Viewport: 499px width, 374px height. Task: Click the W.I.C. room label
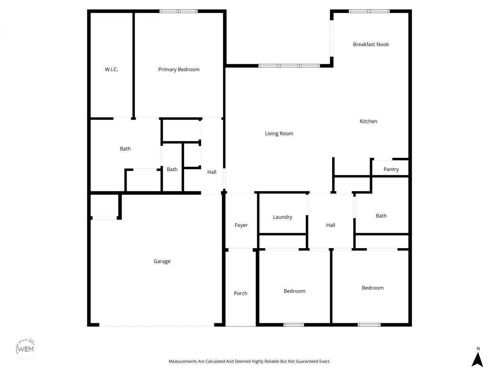111,70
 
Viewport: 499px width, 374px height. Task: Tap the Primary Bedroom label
179,70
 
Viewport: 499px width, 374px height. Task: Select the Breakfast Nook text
371,44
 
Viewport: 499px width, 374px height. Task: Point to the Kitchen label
368,122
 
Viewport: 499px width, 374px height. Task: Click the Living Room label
279,134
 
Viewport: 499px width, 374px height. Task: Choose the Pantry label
391,169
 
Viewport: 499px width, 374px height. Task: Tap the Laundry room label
283,217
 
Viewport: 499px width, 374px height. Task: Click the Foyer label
241,225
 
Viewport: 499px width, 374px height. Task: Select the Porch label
241,293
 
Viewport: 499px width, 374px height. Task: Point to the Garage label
162,261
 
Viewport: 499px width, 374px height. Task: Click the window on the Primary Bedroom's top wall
179,11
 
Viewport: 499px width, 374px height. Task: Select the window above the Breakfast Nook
369,11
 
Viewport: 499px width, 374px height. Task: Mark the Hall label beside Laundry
331,225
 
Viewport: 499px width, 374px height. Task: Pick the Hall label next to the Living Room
212,172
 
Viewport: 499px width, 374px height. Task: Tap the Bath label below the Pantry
381,216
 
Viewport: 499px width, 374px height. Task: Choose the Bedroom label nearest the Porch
294,291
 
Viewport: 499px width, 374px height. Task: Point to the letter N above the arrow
478,349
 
